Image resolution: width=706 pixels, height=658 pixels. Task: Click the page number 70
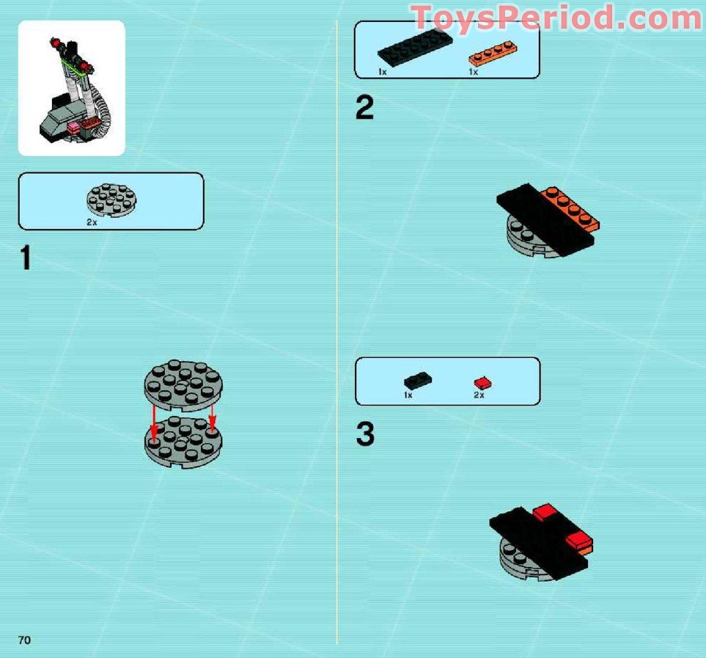pyautogui.click(x=25, y=640)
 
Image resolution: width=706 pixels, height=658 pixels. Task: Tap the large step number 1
pyautogui.click(x=26, y=258)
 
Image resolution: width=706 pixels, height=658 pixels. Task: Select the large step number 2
pyautogui.click(x=364, y=109)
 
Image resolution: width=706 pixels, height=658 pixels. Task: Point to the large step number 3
pyautogui.click(x=365, y=434)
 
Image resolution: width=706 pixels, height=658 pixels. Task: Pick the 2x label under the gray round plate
pyautogui.click(x=92, y=222)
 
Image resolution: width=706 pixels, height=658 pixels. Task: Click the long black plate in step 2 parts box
pyautogui.click(x=415, y=50)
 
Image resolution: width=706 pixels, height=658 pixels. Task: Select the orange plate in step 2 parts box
pyautogui.click(x=491, y=53)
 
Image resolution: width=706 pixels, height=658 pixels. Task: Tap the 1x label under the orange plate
pyautogui.click(x=474, y=72)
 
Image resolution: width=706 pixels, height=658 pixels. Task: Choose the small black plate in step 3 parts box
pyautogui.click(x=417, y=380)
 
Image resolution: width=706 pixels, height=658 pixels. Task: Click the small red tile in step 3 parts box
pyautogui.click(x=482, y=383)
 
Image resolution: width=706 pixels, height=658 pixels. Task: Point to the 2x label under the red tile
pyautogui.click(x=479, y=395)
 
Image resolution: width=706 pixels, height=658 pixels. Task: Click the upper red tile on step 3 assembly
pyautogui.click(x=547, y=511)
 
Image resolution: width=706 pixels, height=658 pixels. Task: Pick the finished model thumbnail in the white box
pyautogui.click(x=71, y=88)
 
